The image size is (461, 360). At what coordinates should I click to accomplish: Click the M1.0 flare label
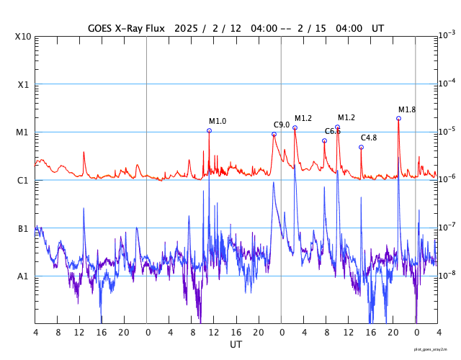(218, 121)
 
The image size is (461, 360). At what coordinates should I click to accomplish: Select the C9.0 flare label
(282, 125)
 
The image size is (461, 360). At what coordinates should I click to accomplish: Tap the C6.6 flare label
(332, 131)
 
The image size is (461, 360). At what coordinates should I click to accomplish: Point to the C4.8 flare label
(369, 138)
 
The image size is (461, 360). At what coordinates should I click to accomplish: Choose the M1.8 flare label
(407, 109)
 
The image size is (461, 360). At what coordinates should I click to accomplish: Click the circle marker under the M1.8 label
(398, 118)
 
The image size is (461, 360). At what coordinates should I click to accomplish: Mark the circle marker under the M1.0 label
(209, 130)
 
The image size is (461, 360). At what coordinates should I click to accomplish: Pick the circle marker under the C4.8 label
(361, 147)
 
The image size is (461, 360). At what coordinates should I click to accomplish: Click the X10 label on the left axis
(23, 36)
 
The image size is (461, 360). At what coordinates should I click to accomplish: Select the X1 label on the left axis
(23, 84)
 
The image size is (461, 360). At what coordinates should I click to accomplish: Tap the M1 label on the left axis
(23, 132)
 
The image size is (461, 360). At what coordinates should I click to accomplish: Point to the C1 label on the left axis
(23, 180)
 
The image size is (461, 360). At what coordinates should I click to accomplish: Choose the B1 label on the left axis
(23, 228)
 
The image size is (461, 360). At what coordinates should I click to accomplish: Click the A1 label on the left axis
(23, 276)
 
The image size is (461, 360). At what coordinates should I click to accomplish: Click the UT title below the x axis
(236, 345)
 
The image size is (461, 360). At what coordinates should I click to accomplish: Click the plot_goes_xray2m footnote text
(436, 349)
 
